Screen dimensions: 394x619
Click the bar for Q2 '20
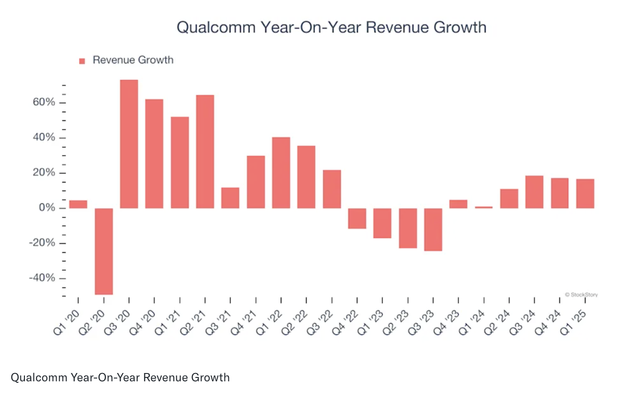click(103, 251)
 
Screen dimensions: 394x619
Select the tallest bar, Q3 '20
click(129, 144)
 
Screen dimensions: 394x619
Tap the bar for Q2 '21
click(205, 152)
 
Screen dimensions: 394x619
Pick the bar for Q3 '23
click(433, 229)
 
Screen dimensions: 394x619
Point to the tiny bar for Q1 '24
click(484, 207)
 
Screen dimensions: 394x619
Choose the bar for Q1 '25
click(585, 194)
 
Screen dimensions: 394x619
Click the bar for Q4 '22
click(357, 218)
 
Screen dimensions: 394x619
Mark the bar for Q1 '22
click(281, 173)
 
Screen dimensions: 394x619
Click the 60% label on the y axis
click(44, 103)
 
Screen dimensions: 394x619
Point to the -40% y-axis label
click(42, 278)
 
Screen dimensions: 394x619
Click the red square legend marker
click(82, 61)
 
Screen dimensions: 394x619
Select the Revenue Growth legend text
click(133, 60)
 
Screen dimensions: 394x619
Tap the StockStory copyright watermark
click(581, 295)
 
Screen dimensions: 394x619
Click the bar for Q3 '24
click(534, 192)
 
